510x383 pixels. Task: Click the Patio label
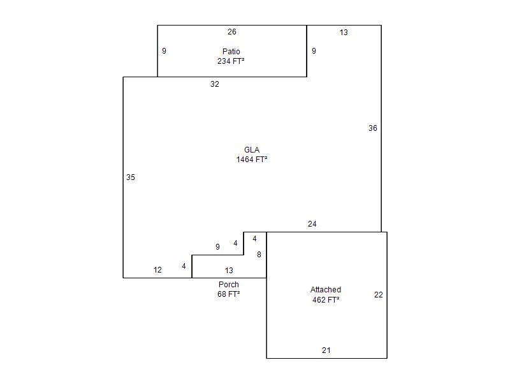pos(231,52)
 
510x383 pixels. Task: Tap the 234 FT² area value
pos(231,61)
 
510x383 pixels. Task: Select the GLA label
pos(252,150)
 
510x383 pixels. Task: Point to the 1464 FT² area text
pos(252,159)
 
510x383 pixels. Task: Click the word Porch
pos(229,284)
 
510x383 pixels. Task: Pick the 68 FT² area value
pos(229,294)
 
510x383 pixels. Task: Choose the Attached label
pos(326,290)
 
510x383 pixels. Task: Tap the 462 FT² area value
pos(326,299)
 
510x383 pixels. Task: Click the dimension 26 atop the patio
pos(232,32)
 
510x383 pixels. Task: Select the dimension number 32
pos(215,84)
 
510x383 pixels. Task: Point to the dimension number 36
pos(373,128)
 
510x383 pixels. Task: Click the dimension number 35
pos(131,177)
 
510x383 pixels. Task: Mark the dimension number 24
pos(312,224)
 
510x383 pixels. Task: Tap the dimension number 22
pos(379,295)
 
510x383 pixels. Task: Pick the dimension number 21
pos(326,350)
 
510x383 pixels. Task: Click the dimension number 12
pos(157,269)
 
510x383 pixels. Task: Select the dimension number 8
pos(259,254)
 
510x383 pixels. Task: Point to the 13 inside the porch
pos(229,270)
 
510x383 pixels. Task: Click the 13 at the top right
pos(344,33)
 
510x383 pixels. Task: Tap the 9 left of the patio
pos(164,51)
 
